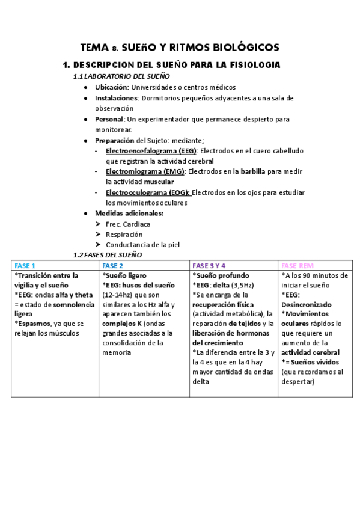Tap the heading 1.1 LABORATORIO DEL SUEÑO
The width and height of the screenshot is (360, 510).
pyautogui.click(x=121, y=76)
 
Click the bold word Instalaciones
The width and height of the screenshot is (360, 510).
pyautogui.click(x=117, y=98)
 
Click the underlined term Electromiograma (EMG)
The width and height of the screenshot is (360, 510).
pyautogui.click(x=145, y=171)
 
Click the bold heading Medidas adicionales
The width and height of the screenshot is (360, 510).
pyautogui.click(x=129, y=214)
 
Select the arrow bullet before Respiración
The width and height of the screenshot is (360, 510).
pyautogui.click(x=99, y=235)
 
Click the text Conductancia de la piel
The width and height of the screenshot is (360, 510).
pyautogui.click(x=142, y=245)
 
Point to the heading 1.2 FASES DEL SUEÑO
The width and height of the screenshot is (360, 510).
pyautogui.click(x=107, y=255)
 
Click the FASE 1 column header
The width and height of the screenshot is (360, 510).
pyautogui.click(x=25, y=266)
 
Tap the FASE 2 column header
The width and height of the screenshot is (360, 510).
pyautogui.click(x=113, y=266)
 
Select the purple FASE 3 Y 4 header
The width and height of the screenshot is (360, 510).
pyautogui.click(x=209, y=266)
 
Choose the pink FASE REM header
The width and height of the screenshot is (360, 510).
pyautogui.click(x=297, y=266)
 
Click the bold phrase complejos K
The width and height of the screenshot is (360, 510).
pyautogui.click(x=122, y=323)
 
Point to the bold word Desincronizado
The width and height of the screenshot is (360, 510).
pyautogui.click(x=307, y=304)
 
